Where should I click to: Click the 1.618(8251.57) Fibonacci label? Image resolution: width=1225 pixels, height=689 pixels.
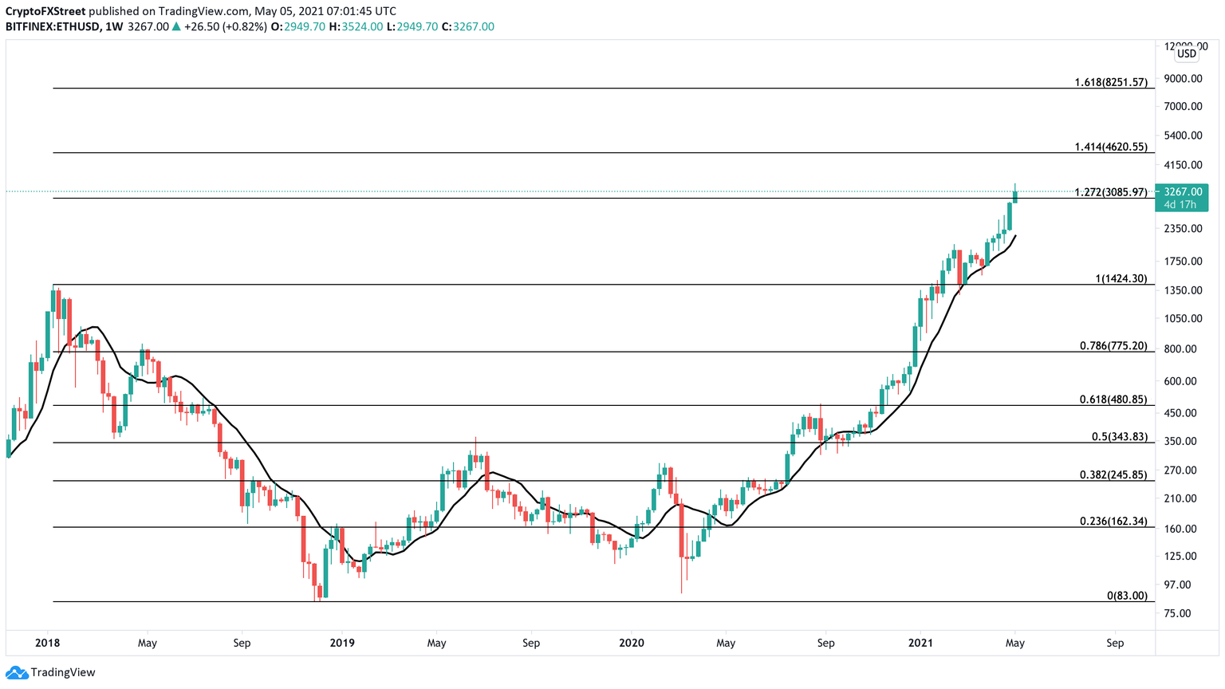[x=1111, y=82]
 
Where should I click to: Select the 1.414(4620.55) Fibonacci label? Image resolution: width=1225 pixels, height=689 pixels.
[x=1111, y=147]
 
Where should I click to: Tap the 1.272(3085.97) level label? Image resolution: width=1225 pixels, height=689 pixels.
[x=1111, y=192]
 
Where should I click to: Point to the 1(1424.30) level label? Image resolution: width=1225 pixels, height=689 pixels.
[x=1121, y=278]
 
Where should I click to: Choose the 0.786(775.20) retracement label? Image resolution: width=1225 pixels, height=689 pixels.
[x=1113, y=345]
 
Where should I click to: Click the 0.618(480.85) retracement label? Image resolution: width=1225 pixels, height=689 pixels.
[x=1113, y=400]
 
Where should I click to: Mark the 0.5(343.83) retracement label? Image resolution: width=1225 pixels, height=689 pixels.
[x=1119, y=436]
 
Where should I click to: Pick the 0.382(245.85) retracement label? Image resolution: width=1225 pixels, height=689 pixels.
[x=1113, y=474]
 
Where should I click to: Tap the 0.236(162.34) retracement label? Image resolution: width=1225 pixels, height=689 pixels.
[x=1113, y=521]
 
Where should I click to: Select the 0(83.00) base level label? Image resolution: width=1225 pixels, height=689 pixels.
[x=1127, y=596]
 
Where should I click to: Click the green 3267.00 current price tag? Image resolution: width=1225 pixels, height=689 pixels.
[x=1183, y=198]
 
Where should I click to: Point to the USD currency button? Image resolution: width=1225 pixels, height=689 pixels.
[x=1187, y=53]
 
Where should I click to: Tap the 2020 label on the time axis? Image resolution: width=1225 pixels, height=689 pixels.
[x=631, y=643]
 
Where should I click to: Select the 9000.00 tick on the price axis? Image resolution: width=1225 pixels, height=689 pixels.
[x=1183, y=78]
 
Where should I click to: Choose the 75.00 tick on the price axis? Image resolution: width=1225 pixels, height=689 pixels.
[x=1178, y=613]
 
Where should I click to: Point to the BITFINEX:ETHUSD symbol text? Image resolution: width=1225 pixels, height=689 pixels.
[x=53, y=26]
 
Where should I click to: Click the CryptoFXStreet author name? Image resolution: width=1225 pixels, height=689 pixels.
[x=45, y=11]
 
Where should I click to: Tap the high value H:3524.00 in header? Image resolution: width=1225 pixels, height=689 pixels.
[x=356, y=26]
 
